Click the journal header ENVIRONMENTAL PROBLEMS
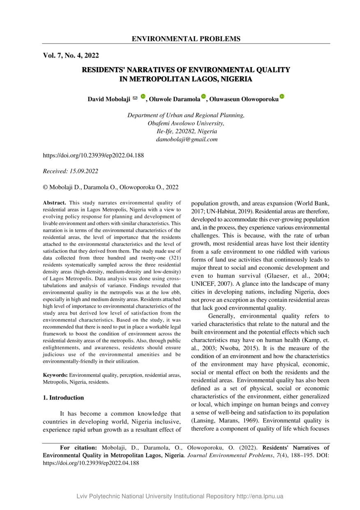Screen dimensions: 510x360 pyautogui.click(x=186, y=39)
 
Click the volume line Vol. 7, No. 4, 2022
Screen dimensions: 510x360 pyautogui.click(x=71, y=56)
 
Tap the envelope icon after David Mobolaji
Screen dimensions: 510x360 pyautogui.click(x=135, y=98)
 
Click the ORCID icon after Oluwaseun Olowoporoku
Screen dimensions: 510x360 pyautogui.click(x=282, y=97)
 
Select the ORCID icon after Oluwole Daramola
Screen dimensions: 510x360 pyautogui.click(x=203, y=97)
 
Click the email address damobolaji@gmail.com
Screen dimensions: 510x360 pyautogui.click(x=186, y=139)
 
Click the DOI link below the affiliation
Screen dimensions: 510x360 pyautogui.click(x=93, y=155)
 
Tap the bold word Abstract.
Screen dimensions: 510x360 pyautogui.click(x=54, y=203)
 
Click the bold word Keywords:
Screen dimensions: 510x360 pyautogui.click(x=55, y=376)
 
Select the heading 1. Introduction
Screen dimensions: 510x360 pyautogui.click(x=63, y=398)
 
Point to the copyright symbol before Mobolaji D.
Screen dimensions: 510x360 pyautogui.click(x=45, y=187)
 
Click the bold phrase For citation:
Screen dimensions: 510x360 pyautogui.click(x=78, y=447)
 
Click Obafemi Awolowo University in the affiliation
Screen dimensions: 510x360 pyautogui.click(x=186, y=123)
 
